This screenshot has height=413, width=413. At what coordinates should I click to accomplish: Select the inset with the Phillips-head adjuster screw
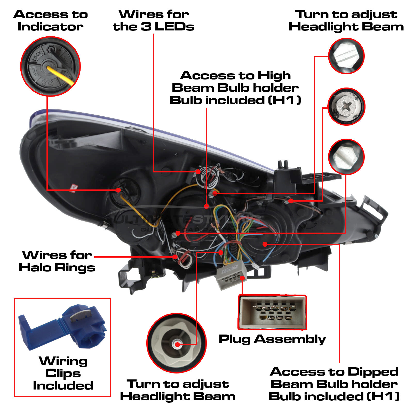click(x=346, y=107)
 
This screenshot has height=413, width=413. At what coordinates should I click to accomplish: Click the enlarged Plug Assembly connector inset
click(x=272, y=312)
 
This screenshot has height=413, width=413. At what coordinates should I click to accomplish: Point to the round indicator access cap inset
click(x=51, y=66)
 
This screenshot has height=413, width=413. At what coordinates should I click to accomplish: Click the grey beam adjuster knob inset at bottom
click(x=177, y=343)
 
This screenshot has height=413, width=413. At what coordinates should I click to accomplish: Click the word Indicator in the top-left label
click(x=51, y=27)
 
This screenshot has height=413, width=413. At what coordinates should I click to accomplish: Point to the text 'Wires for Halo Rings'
click(x=57, y=261)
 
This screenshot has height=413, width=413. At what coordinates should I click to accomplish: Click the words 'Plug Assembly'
click(x=272, y=339)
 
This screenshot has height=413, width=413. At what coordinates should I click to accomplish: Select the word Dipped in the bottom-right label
click(x=373, y=372)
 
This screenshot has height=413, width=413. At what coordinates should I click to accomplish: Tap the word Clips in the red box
click(x=63, y=373)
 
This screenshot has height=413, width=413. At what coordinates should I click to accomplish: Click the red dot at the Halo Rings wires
click(x=175, y=257)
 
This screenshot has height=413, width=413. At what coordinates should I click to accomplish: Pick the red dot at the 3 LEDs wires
click(x=198, y=172)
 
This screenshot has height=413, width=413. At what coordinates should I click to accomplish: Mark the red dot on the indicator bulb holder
click(x=118, y=190)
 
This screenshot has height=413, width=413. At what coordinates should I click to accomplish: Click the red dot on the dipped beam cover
click(x=265, y=244)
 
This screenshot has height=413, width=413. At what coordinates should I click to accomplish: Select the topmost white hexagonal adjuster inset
click(x=346, y=56)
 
